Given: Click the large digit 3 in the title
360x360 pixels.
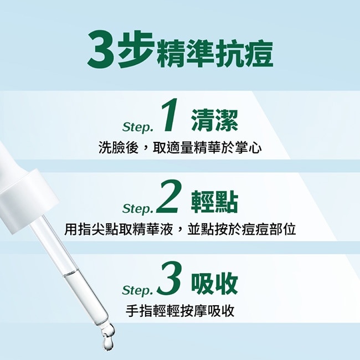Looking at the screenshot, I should [x=102, y=49].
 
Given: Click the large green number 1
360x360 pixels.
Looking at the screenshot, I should [x=170, y=117].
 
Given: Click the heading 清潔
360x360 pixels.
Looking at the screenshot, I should [x=215, y=121].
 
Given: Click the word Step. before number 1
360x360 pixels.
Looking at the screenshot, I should [x=137, y=128].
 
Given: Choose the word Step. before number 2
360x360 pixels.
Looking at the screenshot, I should [x=137, y=209].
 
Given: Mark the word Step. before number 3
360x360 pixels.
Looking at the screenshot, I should [x=137, y=290].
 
